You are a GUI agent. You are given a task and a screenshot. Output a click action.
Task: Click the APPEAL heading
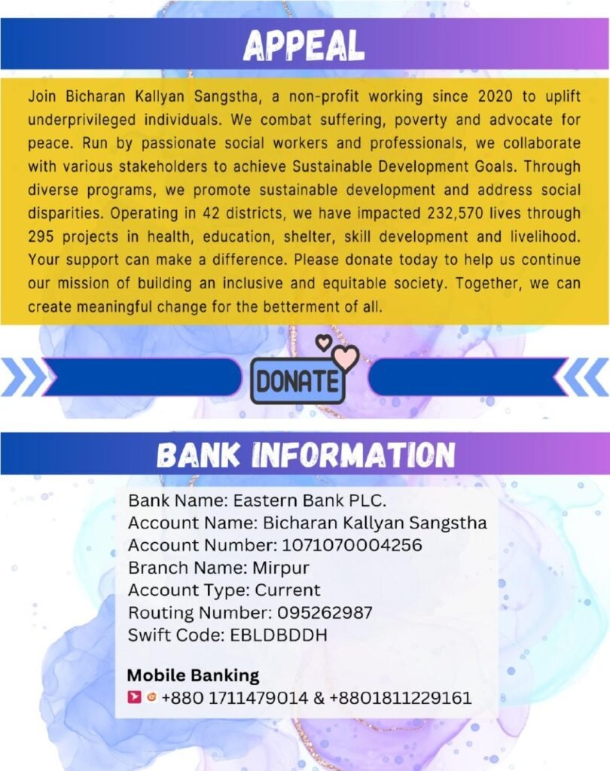[303, 47]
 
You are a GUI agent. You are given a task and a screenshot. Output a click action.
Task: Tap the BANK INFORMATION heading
[305, 455]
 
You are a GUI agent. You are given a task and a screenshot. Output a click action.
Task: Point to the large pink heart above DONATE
[346, 358]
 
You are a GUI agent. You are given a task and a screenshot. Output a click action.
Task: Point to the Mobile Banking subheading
[193, 675]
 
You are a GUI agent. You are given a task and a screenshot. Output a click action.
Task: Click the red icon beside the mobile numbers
[135, 698]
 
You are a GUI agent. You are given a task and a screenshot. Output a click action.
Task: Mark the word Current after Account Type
[288, 590]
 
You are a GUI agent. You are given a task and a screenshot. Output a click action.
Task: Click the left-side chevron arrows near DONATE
[23, 377]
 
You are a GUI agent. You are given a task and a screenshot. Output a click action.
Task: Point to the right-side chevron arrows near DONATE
[586, 377]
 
